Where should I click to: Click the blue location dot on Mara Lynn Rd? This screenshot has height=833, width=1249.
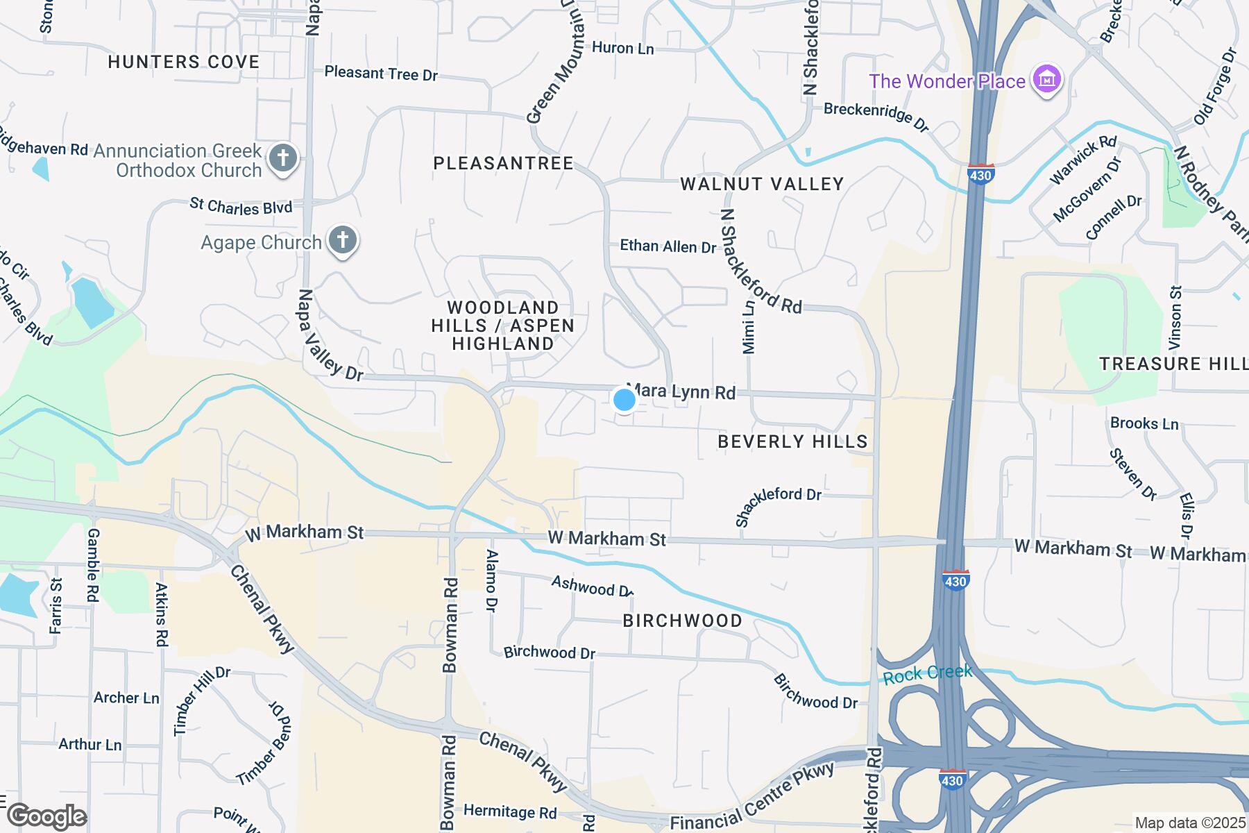point(624,400)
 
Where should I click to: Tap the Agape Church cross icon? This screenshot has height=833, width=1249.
point(342,241)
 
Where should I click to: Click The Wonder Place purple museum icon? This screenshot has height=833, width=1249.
point(1047,81)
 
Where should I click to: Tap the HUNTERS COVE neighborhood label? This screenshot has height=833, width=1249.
point(184,62)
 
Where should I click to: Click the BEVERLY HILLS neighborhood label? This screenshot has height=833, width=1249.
point(792,441)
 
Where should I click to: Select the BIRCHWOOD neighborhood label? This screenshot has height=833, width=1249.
point(682,621)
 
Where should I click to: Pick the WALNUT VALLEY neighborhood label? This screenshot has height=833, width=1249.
point(762,184)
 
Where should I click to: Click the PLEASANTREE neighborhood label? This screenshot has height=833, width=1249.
point(504,163)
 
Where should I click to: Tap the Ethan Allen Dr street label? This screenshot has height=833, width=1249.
point(668,246)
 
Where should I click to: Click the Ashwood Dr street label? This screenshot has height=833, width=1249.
point(592,587)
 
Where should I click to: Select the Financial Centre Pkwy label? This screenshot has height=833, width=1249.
point(753,796)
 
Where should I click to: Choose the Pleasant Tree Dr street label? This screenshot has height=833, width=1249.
point(381,73)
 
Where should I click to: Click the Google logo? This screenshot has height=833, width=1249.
point(46,816)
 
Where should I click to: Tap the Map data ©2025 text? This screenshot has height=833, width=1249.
point(1189,823)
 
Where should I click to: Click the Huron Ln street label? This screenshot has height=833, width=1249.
point(622,48)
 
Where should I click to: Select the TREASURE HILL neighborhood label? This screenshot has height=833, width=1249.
point(1173,364)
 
